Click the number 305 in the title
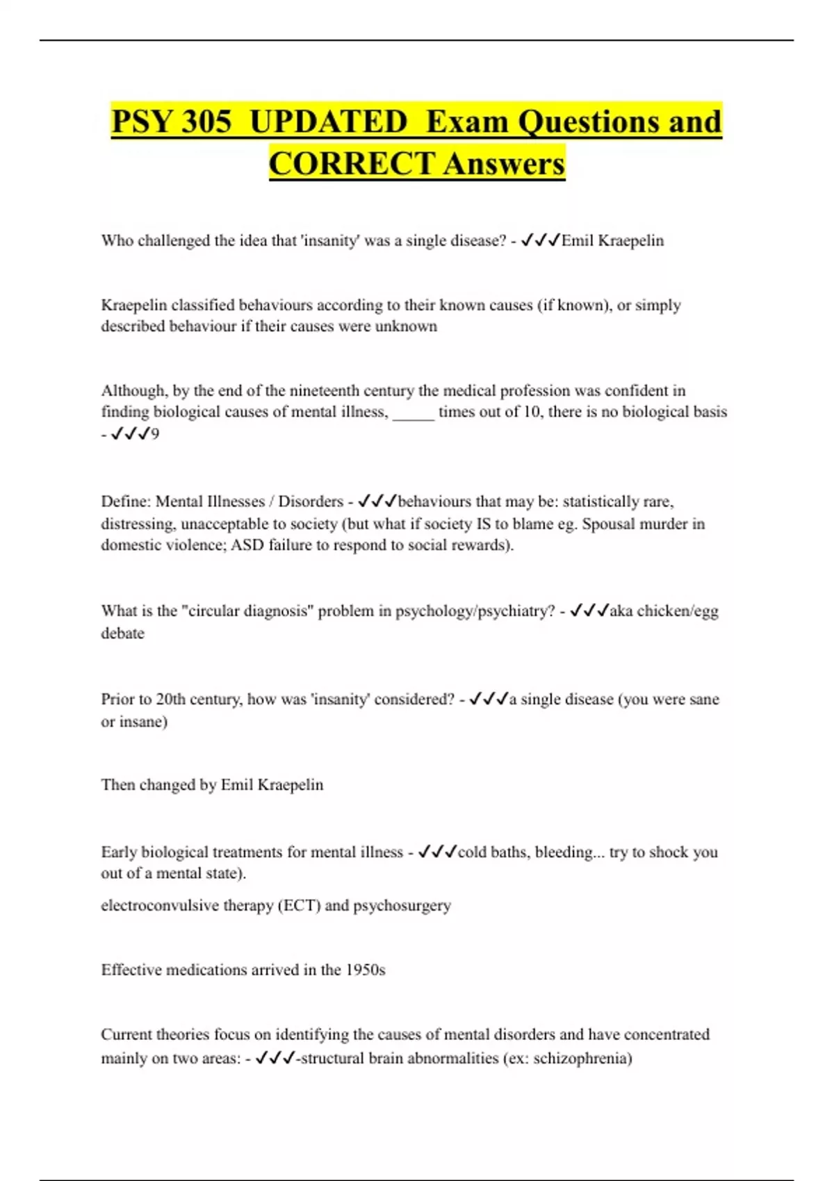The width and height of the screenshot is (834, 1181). [x=206, y=122]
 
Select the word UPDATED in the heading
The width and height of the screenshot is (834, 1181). [x=328, y=122]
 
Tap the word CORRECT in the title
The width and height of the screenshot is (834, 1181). [x=352, y=164]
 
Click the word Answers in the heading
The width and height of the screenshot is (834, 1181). [x=504, y=164]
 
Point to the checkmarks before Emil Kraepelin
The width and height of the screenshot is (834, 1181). [x=540, y=240]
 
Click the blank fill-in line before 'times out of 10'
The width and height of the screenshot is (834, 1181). [x=414, y=412]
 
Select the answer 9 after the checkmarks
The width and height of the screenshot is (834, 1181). [x=155, y=434]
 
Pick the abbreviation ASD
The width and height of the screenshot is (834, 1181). [x=247, y=545]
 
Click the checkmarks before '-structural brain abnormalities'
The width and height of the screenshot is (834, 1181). [x=275, y=1059]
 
